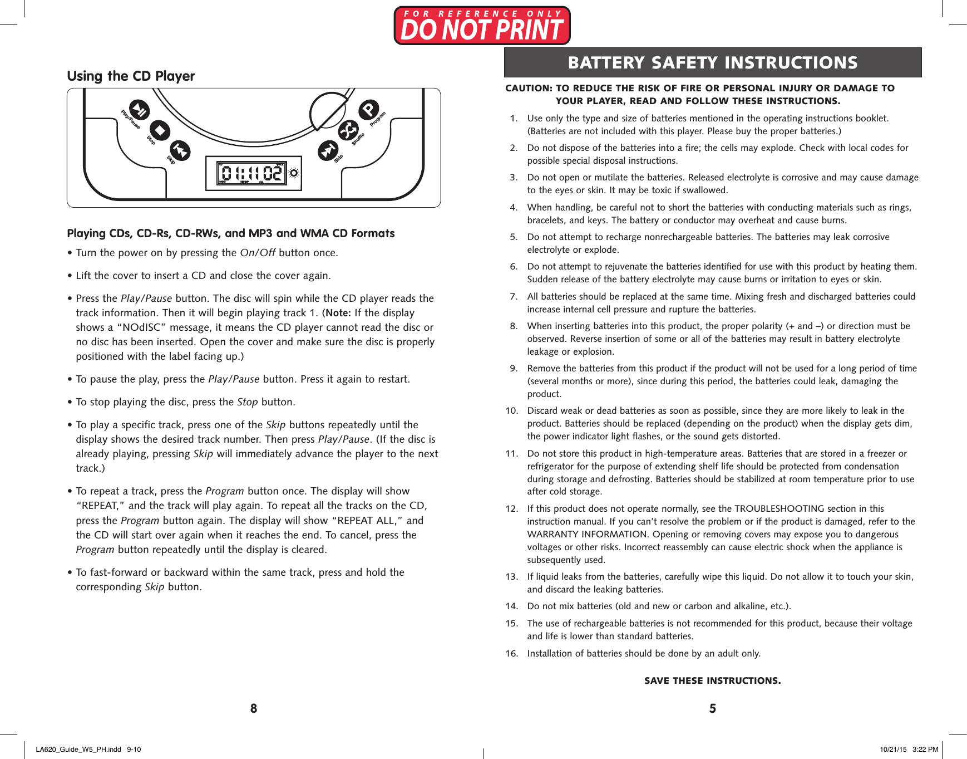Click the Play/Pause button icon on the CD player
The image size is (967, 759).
point(139,110)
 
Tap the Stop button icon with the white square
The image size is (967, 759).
point(160,131)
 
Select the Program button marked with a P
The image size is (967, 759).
point(368,109)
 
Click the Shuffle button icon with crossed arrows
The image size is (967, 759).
point(348,131)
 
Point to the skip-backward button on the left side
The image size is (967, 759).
point(180,150)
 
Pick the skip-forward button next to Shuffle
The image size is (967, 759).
point(328,150)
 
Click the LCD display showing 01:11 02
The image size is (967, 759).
point(251,174)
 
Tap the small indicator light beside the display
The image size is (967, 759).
point(294,173)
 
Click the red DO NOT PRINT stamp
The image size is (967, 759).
point(482,26)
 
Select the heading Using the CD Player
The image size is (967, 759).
point(131,76)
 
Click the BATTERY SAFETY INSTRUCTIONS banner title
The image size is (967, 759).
point(712,62)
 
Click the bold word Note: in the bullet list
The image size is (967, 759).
point(338,313)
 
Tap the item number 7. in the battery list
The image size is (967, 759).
point(514,296)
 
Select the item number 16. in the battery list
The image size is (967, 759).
point(511,653)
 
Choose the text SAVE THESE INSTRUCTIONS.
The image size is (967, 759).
point(712,680)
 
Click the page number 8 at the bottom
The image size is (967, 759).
point(254,708)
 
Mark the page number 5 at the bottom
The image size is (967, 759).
point(712,708)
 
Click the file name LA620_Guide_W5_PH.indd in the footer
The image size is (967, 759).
point(78,749)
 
